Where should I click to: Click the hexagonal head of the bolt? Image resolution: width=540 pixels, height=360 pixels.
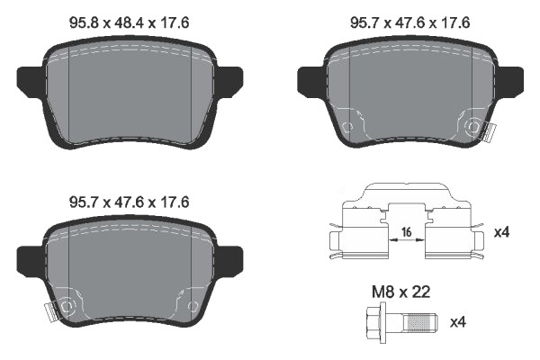[374, 321]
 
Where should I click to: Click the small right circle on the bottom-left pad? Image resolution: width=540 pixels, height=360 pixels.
[193, 309]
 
